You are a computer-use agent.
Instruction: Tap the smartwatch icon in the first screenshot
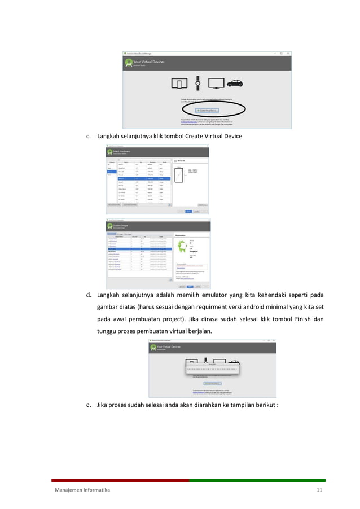[197, 84]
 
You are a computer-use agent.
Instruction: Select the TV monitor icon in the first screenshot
[214, 84]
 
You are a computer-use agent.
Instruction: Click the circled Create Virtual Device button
[207, 111]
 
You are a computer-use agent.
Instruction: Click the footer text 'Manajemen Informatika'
[82, 490]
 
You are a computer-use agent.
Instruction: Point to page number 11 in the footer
[319, 490]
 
